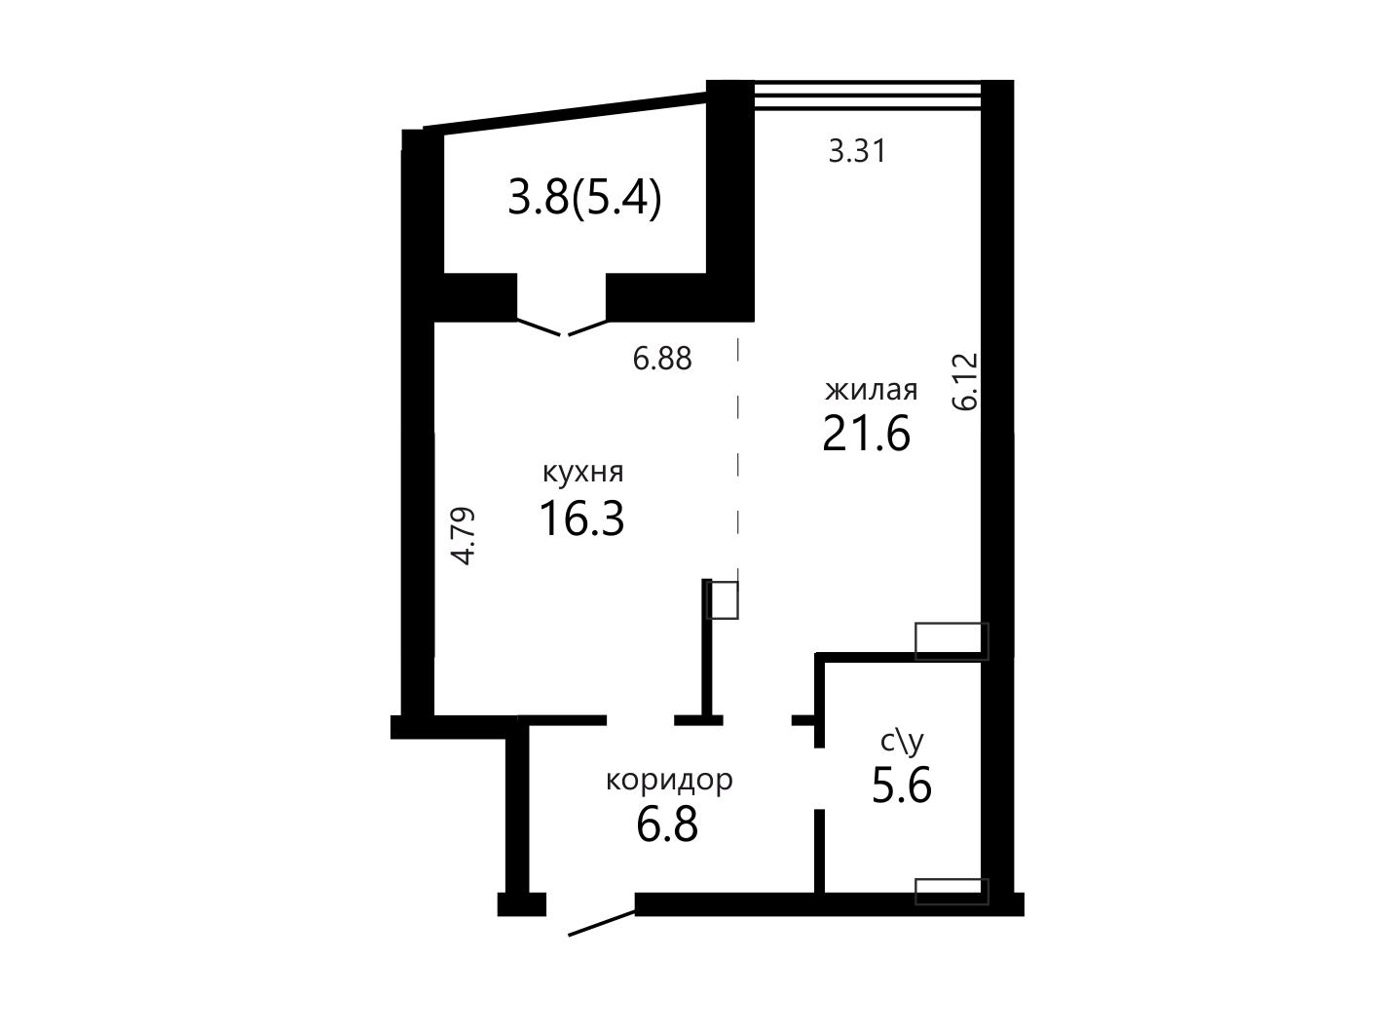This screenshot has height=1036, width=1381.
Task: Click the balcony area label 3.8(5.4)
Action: coord(584,197)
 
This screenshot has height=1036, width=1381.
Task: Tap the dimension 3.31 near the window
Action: coord(856,152)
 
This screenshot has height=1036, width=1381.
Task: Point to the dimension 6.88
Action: coord(662,359)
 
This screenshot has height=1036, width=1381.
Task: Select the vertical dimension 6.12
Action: coord(965,381)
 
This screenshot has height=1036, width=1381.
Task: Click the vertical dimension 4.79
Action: coord(463,536)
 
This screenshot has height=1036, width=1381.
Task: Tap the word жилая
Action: coord(872,390)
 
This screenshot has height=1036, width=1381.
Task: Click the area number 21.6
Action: coord(867,434)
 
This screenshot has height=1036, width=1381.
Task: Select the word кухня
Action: coord(582,473)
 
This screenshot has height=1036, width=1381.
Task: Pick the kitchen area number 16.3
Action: coord(582,518)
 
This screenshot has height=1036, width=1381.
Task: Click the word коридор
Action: coord(669,781)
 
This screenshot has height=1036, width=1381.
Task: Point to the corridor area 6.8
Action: coord(667,825)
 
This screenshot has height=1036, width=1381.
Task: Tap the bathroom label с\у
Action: coord(902,742)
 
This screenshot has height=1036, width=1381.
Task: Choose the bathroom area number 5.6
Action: coord(902,786)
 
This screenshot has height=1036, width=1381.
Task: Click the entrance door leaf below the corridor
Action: coord(602,923)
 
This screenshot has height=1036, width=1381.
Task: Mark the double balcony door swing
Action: coord(563,327)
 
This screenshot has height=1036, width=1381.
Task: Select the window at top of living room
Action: coord(868,96)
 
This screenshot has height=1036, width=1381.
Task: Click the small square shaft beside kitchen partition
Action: coord(723,599)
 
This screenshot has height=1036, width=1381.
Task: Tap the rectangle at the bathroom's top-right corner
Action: coord(952,641)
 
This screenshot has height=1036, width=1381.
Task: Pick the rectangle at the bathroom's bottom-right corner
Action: coord(952,892)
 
